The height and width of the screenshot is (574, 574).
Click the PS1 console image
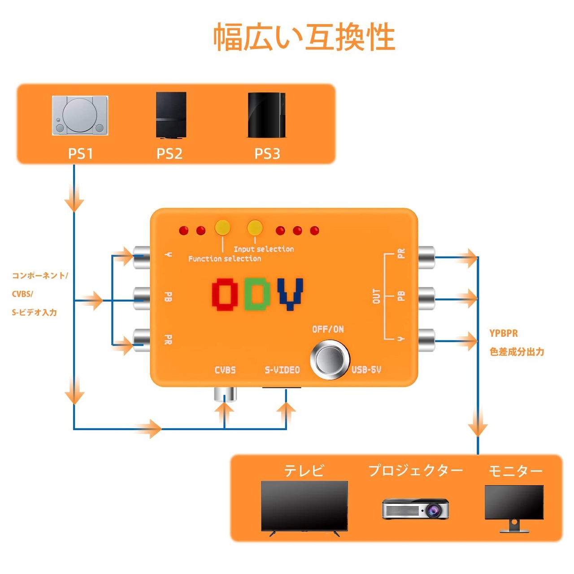click(x=80, y=115)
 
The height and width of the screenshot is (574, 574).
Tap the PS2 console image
click(x=171, y=115)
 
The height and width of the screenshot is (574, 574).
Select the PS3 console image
click(x=266, y=115)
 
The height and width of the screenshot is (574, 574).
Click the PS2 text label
click(x=170, y=154)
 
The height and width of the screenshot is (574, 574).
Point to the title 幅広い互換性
click(x=304, y=37)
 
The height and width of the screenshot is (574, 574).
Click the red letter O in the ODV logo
click(x=225, y=294)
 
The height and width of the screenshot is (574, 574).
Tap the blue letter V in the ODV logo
click(x=290, y=294)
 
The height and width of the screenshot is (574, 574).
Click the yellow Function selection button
click(x=222, y=227)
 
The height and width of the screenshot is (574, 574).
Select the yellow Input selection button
click(x=255, y=227)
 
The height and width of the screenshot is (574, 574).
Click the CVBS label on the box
click(x=225, y=370)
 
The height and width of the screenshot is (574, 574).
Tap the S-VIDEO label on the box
click(x=282, y=370)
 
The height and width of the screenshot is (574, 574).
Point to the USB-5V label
click(x=366, y=370)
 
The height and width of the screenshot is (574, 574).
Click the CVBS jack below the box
click(x=225, y=394)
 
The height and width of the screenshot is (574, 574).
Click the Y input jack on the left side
click(x=141, y=256)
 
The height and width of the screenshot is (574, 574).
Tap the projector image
click(x=415, y=509)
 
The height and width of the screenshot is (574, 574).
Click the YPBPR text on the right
click(x=503, y=333)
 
